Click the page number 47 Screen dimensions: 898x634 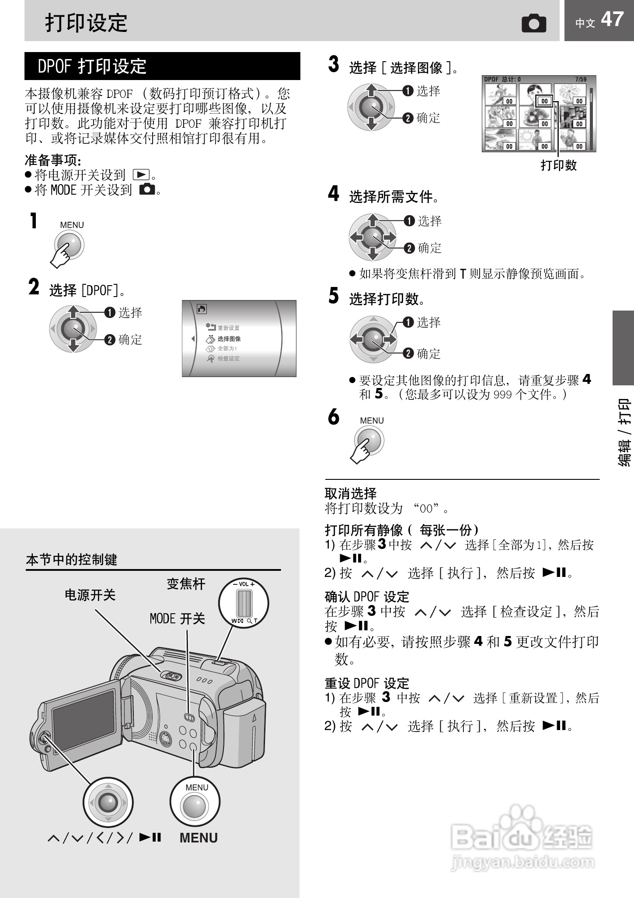point(612,20)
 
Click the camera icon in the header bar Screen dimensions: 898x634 point(534,23)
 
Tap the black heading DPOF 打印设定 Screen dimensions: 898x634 point(162,66)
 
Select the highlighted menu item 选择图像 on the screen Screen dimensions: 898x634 point(229,339)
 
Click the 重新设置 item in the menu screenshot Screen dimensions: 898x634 point(228,328)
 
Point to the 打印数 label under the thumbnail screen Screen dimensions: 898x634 point(558,165)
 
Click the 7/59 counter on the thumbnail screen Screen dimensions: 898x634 point(581,80)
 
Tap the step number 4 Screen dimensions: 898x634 point(334,193)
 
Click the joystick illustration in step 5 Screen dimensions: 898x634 point(373,339)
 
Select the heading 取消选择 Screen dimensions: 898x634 point(351,493)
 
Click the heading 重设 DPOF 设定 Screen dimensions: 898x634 point(367,683)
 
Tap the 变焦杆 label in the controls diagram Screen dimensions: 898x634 point(186,584)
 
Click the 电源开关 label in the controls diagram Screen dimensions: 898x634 point(90,595)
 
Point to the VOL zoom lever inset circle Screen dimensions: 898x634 point(244,603)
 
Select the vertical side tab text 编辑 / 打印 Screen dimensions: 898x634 point(624,432)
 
